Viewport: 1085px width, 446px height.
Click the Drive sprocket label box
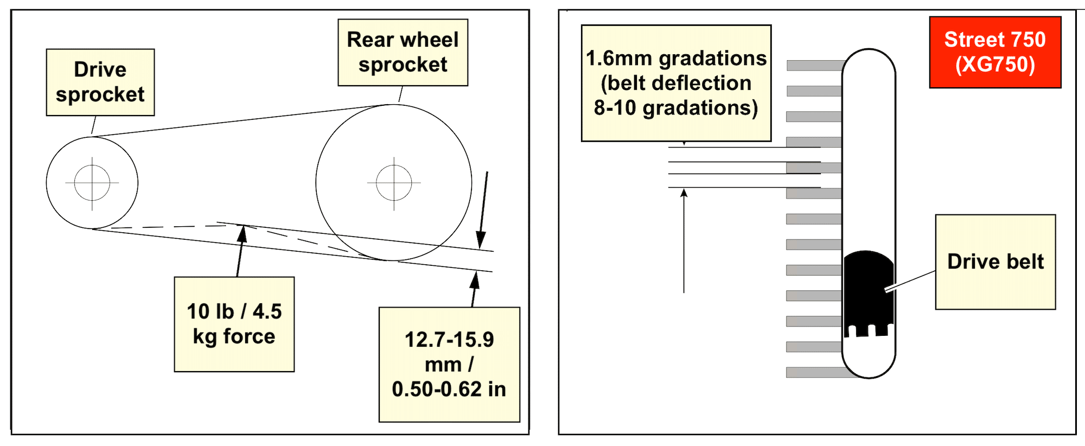click(x=100, y=82)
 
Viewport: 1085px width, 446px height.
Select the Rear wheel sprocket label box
click(x=403, y=52)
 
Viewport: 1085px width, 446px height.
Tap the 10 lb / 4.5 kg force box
click(x=234, y=324)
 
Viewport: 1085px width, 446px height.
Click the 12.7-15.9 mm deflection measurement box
click(x=449, y=364)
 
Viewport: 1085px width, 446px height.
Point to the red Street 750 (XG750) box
click(x=995, y=52)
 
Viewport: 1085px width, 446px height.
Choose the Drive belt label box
click(x=995, y=262)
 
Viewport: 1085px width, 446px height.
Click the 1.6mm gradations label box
click(x=676, y=82)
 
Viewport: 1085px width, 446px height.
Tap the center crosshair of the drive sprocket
click(x=92, y=183)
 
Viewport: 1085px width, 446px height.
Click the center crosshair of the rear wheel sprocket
click(x=394, y=183)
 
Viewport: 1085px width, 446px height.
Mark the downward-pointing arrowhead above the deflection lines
click(x=481, y=240)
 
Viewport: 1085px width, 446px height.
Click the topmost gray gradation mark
click(x=814, y=65)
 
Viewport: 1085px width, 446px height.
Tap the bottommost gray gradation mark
click(x=814, y=372)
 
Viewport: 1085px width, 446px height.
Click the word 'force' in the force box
click(x=249, y=336)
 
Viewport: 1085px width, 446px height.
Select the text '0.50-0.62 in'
click(x=449, y=389)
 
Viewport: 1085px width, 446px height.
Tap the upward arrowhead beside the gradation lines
click(x=684, y=193)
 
